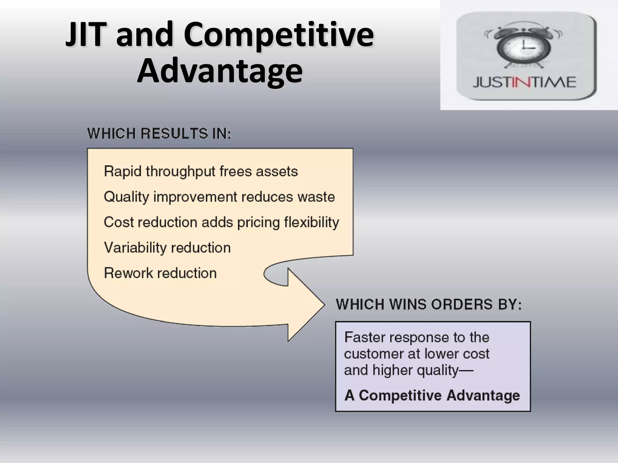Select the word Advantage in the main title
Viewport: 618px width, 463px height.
[220, 71]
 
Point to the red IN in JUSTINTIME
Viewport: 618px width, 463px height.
[524, 82]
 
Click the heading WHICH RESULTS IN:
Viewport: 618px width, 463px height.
[159, 134]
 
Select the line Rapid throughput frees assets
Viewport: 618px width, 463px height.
[201, 172]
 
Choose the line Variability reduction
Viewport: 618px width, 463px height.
[167, 248]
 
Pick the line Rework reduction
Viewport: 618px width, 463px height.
[160, 273]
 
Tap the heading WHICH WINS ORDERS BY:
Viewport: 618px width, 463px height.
[428, 304]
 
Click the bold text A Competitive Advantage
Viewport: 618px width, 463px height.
[432, 395]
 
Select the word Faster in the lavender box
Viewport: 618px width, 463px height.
[364, 337]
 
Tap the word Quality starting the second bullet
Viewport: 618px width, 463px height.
[126, 197]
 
